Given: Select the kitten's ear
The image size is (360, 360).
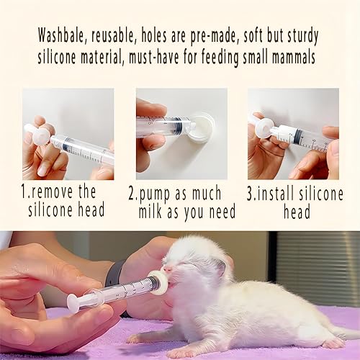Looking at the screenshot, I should click(x=221, y=268).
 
